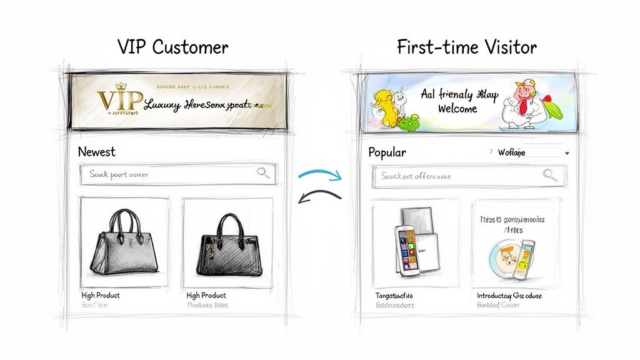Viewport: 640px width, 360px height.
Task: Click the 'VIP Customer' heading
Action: (173, 47)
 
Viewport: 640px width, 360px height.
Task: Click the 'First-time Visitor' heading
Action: (466, 47)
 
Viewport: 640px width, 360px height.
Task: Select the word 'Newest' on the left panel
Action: (96, 152)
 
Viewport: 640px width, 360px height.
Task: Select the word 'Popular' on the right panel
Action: (387, 152)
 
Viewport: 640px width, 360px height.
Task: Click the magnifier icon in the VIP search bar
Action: (264, 174)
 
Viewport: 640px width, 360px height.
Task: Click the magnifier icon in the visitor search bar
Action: (550, 175)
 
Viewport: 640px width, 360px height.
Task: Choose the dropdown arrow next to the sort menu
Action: (566, 153)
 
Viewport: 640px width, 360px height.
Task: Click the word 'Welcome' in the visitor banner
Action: (458, 109)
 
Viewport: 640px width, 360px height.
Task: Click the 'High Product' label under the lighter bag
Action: (101, 295)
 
